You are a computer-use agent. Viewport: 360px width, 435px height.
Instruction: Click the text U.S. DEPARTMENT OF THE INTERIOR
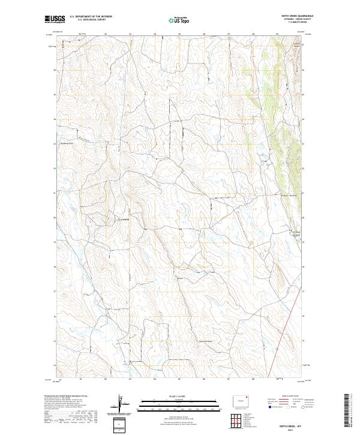click(91, 16)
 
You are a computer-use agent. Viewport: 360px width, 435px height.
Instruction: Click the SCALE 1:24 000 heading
click(179, 395)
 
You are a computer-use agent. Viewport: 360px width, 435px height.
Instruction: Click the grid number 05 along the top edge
click(179, 34)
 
